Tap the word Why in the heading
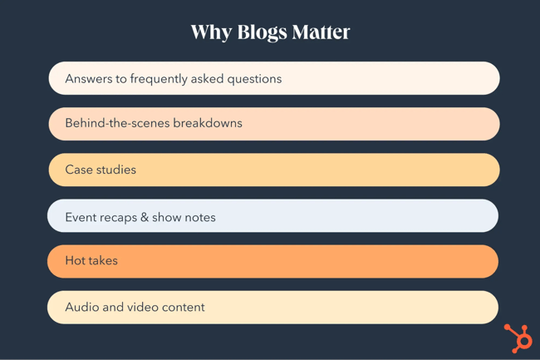point(211,32)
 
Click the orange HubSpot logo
point(518,338)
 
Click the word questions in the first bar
point(253,79)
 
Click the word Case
point(80,170)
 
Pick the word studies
point(117,170)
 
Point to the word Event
point(81,217)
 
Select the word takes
point(105,261)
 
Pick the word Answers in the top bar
point(90,79)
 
